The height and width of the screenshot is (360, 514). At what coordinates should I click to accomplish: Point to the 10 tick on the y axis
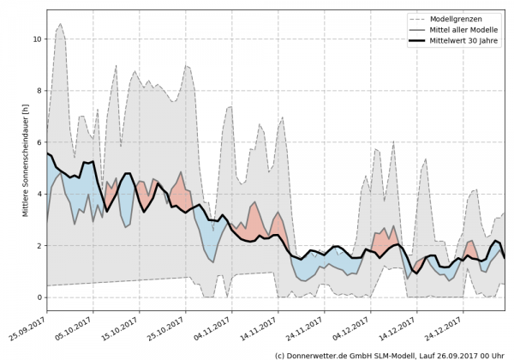(x=37, y=39)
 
